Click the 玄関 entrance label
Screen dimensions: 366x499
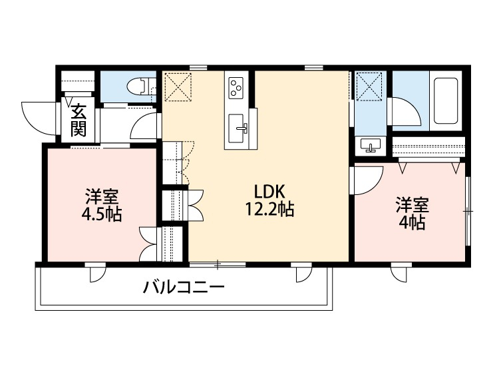tap(79, 120)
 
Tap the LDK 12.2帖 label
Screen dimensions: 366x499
tap(269, 200)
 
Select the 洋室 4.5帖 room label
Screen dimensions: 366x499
tap(101, 206)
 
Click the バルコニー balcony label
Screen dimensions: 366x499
tap(183, 288)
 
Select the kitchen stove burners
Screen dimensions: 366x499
tap(237, 87)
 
